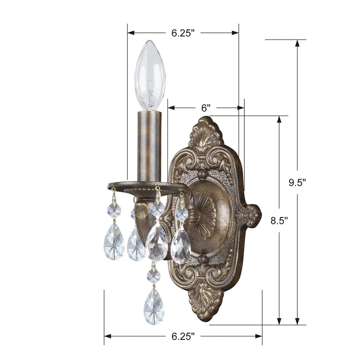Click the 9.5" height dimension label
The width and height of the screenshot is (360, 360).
297,182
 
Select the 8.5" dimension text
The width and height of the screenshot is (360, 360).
279,220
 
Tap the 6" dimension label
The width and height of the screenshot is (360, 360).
206,108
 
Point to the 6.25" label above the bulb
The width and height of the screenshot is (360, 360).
183,33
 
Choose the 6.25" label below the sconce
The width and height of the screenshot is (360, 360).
183,336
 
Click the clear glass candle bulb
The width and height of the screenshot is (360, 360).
150,74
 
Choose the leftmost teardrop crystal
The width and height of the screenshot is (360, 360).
114,243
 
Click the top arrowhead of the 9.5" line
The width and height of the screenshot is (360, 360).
297,43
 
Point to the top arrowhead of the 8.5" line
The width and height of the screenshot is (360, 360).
279,119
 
